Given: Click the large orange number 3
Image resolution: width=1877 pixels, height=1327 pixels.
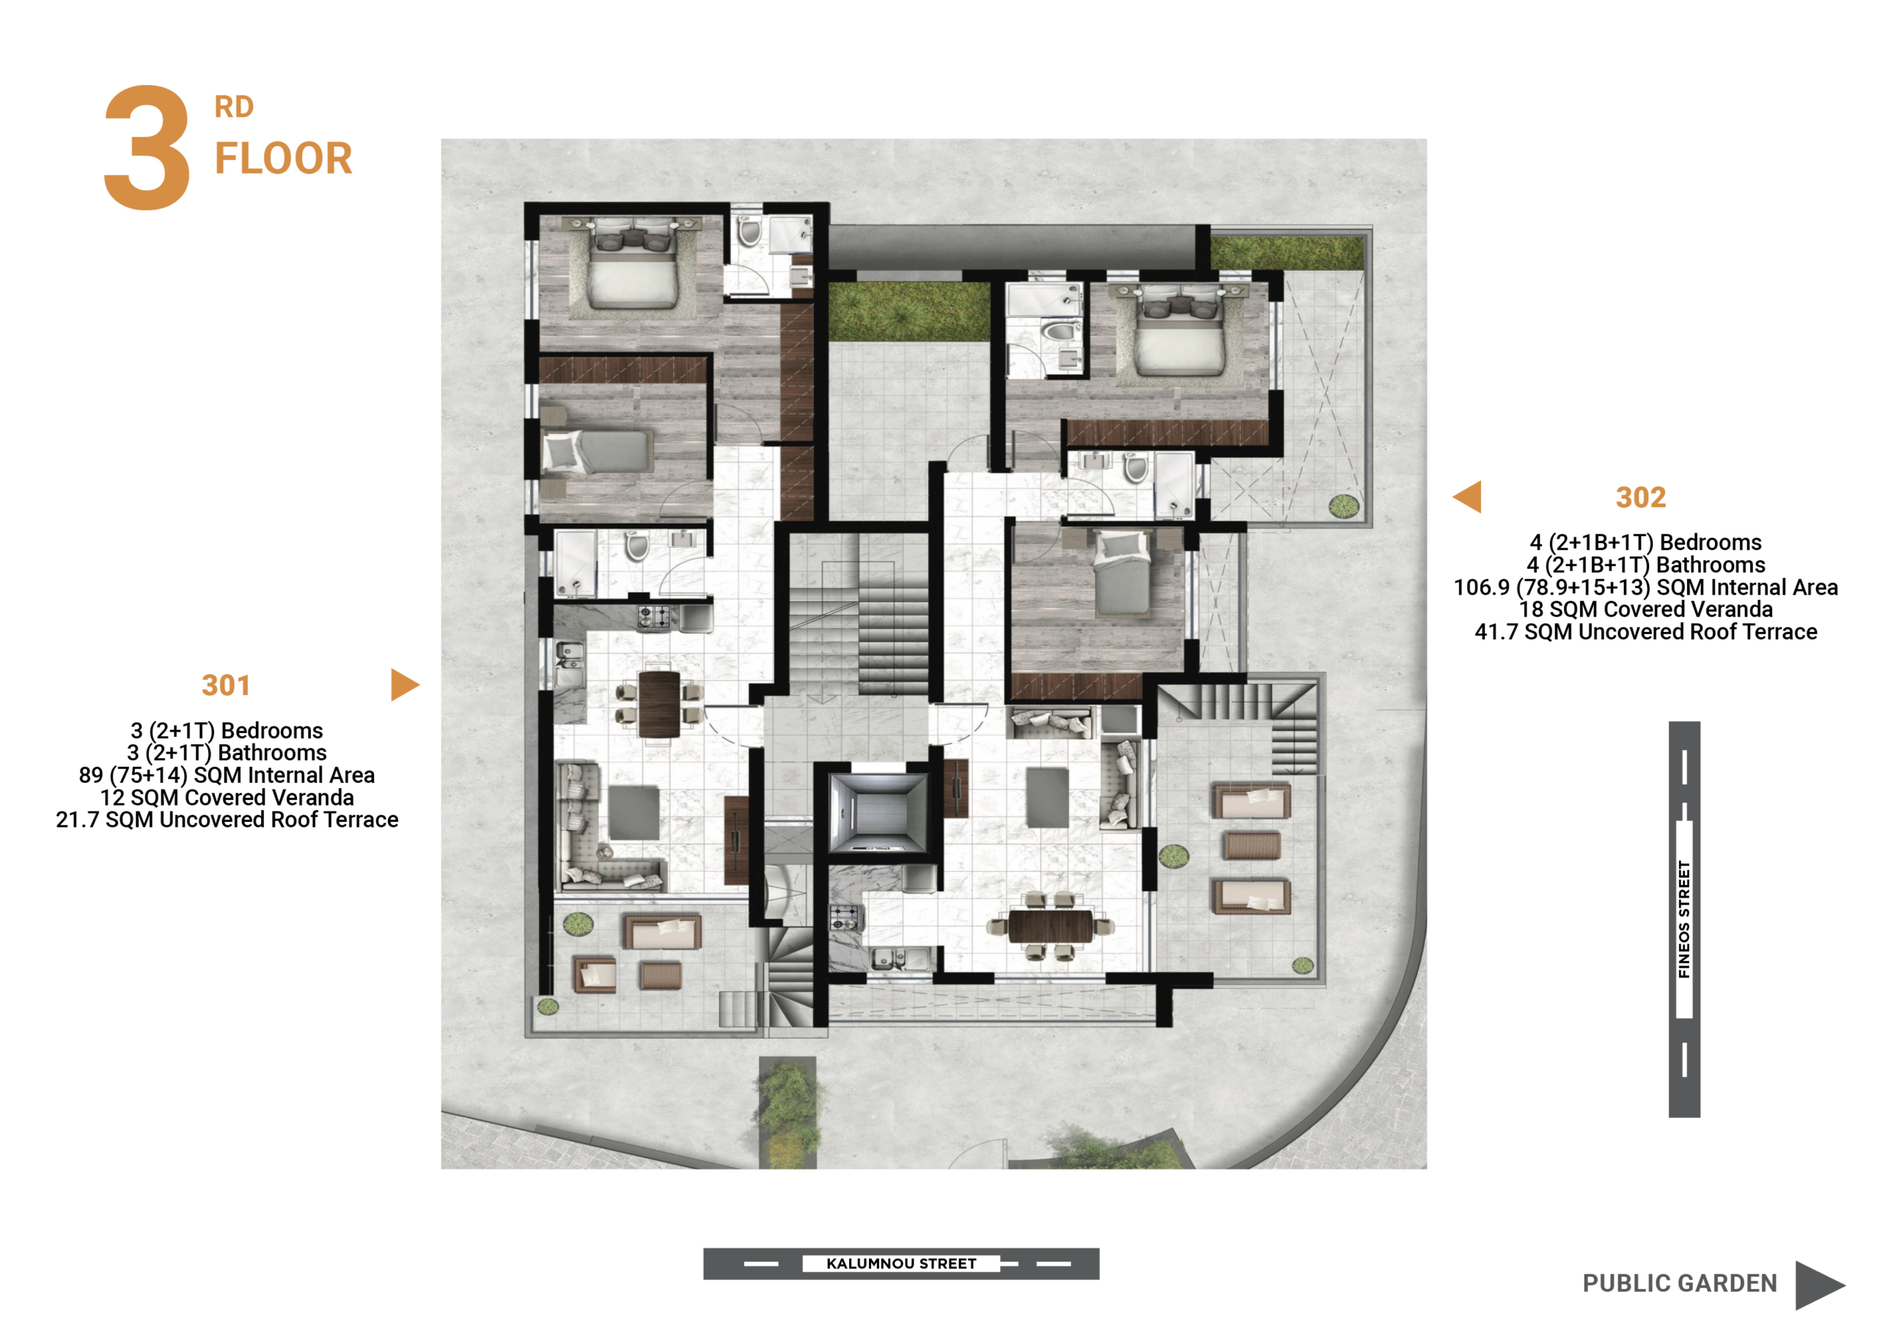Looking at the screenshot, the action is point(147,147).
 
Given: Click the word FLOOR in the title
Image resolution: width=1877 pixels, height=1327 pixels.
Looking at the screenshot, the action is point(283,158).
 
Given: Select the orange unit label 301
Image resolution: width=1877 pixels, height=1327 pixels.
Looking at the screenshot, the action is point(226,685).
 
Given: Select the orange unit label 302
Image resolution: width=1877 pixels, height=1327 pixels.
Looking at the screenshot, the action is point(1641,497).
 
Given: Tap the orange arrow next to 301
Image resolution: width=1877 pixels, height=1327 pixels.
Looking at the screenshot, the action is point(405,685).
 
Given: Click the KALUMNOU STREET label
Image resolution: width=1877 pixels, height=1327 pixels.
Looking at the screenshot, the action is point(901,1263).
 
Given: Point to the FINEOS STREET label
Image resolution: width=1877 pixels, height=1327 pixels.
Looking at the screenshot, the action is point(1684,919).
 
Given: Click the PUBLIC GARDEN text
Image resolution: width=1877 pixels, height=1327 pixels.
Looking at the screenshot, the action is point(1680,1283).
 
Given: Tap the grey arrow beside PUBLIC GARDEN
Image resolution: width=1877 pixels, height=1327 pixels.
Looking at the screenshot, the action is point(1819,1285).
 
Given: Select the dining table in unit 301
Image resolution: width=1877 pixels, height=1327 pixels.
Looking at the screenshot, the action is point(659,703).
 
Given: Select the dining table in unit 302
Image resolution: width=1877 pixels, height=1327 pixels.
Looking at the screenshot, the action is point(1051,927).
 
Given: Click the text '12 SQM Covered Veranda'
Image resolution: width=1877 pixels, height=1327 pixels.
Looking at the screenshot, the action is point(227,797).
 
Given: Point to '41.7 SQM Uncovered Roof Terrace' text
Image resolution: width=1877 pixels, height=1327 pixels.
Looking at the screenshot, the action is point(1645,631).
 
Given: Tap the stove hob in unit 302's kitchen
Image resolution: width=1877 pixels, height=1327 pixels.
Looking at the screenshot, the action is point(845,917).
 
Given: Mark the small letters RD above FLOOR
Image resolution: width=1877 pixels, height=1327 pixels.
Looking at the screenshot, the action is point(234,107).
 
